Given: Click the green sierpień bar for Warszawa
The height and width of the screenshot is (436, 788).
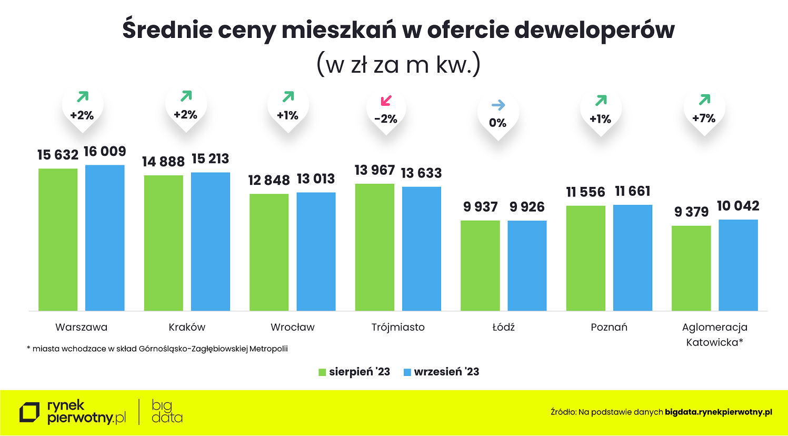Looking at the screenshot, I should [58, 240].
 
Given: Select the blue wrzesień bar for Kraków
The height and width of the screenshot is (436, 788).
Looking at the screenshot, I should [211, 241].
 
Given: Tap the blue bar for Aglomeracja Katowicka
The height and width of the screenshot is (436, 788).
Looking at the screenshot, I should [738, 265].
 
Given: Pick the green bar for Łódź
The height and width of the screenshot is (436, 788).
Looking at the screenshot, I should [480, 265].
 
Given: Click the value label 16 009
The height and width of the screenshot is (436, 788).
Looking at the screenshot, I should [105, 152].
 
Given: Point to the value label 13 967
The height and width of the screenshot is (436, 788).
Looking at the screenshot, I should [374, 171].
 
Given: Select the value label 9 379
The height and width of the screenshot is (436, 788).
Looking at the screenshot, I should [691, 212].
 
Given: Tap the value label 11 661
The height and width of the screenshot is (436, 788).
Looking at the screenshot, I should [633, 191].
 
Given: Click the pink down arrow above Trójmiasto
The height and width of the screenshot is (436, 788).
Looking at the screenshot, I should [386, 100].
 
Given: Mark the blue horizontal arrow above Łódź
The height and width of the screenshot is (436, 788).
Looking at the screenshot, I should [498, 105].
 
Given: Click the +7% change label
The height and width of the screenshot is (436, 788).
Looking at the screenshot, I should [704, 118].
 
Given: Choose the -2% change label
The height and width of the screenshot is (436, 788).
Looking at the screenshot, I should [386, 119].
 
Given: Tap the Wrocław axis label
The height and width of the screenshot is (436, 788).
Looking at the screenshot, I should [292, 327].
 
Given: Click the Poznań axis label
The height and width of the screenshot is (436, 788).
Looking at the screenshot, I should [609, 327].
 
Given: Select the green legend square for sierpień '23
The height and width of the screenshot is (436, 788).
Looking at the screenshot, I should [322, 372].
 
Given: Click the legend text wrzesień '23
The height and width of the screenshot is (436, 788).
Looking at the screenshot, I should [446, 372].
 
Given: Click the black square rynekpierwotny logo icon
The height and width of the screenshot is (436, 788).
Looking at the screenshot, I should [29, 412].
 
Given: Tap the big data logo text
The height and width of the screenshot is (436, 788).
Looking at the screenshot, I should [166, 412].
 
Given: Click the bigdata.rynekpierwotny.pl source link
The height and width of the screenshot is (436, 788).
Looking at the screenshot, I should [718, 412].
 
